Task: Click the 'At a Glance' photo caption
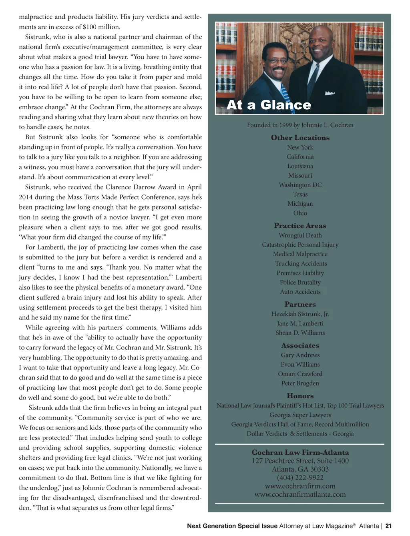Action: (269, 105)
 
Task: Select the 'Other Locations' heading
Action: (300, 138)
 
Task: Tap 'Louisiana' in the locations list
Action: (300, 166)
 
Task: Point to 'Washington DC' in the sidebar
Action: (300, 185)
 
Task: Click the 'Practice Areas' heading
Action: (300, 226)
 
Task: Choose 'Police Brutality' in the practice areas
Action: (300, 283)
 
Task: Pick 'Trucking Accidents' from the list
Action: (301, 264)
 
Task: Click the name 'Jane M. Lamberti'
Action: (300, 323)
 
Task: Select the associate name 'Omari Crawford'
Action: (300, 374)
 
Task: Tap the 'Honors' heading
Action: (300, 396)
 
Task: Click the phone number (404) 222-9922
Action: (300, 478)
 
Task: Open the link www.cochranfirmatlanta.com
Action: (300, 494)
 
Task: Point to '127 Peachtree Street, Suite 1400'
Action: (300, 461)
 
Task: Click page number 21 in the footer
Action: (388, 526)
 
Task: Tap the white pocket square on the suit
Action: (330, 93)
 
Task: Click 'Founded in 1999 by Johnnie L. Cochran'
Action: (300, 125)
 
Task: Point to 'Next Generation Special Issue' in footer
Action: (232, 526)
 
